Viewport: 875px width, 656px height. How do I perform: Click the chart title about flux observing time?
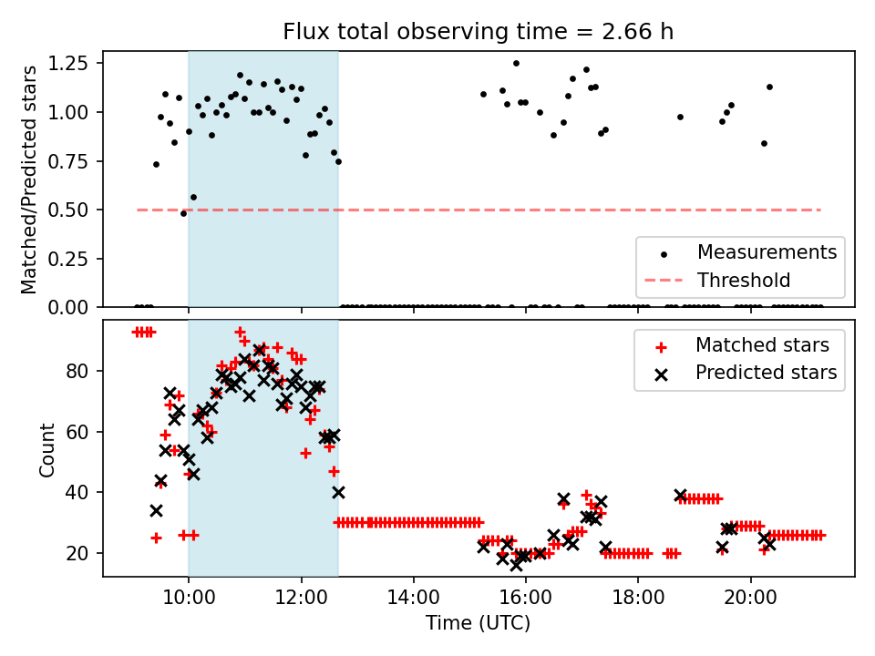coord(478,32)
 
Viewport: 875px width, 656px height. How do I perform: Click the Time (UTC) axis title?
coord(478,624)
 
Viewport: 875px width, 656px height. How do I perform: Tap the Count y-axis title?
coord(46,449)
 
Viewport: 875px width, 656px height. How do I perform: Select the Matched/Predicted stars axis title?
coord(29,179)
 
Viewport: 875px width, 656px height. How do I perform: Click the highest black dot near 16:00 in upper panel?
coord(516,63)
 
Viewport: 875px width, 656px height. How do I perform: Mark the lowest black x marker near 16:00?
coord(516,565)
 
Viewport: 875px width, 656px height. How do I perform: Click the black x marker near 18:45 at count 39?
coord(680,496)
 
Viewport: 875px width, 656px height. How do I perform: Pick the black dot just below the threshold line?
coord(183,213)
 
